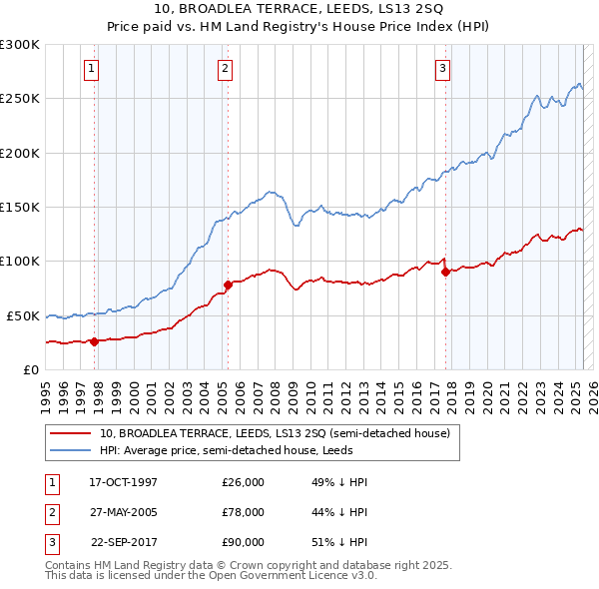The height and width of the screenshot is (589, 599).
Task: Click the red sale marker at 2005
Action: point(228,285)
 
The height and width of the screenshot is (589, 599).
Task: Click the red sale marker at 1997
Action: point(95,341)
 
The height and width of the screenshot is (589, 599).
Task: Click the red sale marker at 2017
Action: point(445,272)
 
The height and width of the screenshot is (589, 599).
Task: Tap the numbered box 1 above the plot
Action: point(91,69)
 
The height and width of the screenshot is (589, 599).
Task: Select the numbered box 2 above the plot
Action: point(225,69)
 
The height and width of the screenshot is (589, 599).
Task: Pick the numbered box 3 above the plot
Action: point(442,69)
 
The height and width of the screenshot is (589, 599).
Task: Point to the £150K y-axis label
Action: point(20,207)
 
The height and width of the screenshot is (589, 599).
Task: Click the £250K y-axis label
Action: point(20,99)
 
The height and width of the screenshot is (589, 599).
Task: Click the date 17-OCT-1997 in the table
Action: point(123,482)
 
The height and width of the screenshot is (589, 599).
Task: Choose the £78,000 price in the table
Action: point(244,512)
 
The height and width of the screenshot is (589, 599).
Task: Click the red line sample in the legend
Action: point(71,434)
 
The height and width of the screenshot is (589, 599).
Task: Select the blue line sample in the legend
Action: point(71,450)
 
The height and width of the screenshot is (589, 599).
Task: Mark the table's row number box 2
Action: point(50,512)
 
